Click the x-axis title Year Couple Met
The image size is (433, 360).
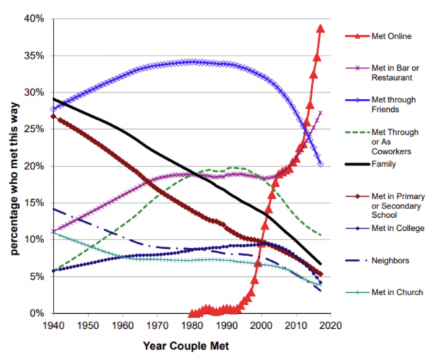point(189,346)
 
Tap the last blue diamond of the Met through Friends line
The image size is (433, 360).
point(320,164)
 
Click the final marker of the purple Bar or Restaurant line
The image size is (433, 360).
point(320,113)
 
